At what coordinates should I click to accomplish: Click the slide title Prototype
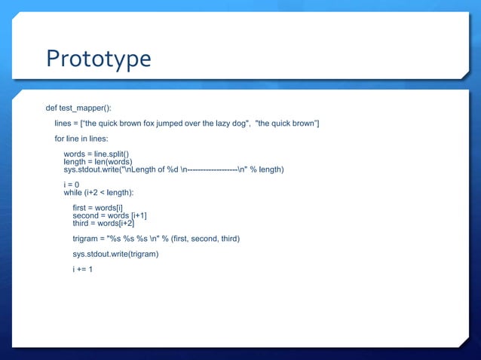99,59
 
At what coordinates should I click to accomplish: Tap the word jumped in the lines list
188,124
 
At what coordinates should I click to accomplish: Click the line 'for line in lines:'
81,139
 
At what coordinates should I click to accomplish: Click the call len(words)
112,162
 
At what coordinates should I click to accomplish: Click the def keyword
52,108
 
